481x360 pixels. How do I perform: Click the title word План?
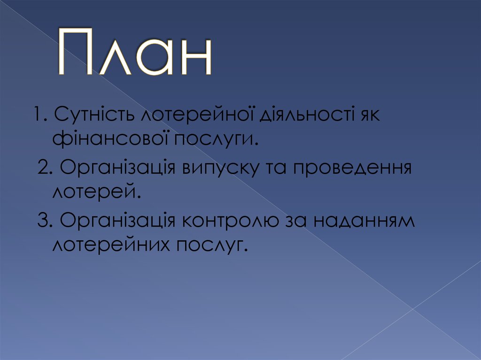[x=135, y=54]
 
